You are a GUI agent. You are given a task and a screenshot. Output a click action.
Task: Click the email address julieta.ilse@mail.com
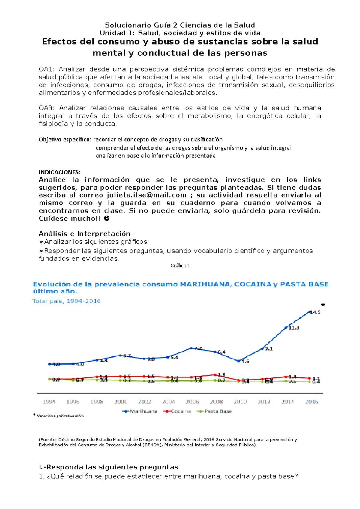click(x=147, y=195)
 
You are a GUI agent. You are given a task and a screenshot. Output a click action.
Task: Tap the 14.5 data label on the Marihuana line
click(x=315, y=312)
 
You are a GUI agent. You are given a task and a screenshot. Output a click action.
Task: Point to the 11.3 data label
click(x=294, y=328)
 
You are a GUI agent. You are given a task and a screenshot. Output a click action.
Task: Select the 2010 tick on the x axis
click(x=240, y=402)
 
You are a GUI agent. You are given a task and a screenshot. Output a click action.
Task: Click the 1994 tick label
click(x=49, y=402)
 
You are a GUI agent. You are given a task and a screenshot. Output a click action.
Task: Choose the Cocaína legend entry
click(x=177, y=411)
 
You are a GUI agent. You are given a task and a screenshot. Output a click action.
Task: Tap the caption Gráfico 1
click(x=180, y=266)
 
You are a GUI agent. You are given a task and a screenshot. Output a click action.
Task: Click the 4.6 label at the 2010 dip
click(x=245, y=361)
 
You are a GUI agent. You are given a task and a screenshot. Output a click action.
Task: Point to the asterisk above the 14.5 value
click(x=323, y=305)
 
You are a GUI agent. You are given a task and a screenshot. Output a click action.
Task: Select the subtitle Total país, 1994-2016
click(x=66, y=301)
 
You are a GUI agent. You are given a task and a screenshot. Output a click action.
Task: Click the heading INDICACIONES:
click(x=59, y=172)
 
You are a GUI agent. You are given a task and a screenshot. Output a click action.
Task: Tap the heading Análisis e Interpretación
click(x=84, y=234)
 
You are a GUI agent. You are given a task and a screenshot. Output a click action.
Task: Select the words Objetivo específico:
click(x=65, y=140)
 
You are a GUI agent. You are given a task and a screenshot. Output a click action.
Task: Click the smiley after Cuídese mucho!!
click(x=106, y=219)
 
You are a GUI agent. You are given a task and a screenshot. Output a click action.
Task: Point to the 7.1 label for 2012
click(x=269, y=349)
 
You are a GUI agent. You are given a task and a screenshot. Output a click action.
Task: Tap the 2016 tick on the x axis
click(x=311, y=402)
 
